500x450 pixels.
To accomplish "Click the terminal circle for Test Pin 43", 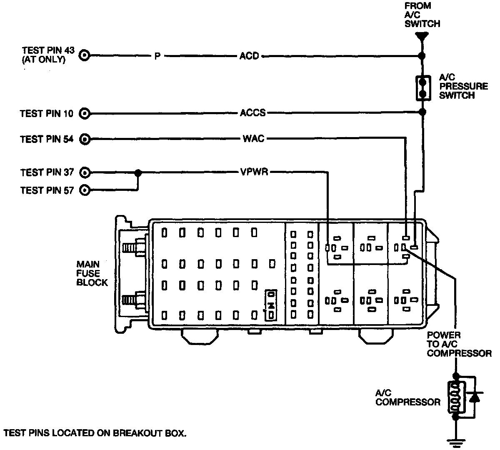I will click(85, 55).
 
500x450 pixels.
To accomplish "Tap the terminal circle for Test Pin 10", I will click(85, 113).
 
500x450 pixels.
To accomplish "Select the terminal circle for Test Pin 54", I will click(85, 139).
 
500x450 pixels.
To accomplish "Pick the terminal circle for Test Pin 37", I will click(85, 172).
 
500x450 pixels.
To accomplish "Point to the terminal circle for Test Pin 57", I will click(85, 190).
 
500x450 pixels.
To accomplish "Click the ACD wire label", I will click(249, 55).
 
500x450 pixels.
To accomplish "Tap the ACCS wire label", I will click(252, 113).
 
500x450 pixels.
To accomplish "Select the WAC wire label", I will click(253, 139).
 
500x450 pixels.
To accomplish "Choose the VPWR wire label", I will click(253, 172).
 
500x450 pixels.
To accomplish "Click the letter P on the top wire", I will click(157, 56).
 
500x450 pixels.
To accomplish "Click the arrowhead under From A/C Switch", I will click(422, 36).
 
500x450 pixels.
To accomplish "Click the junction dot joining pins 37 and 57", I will click(138, 172).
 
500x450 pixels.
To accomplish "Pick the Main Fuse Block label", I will click(92, 273).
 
